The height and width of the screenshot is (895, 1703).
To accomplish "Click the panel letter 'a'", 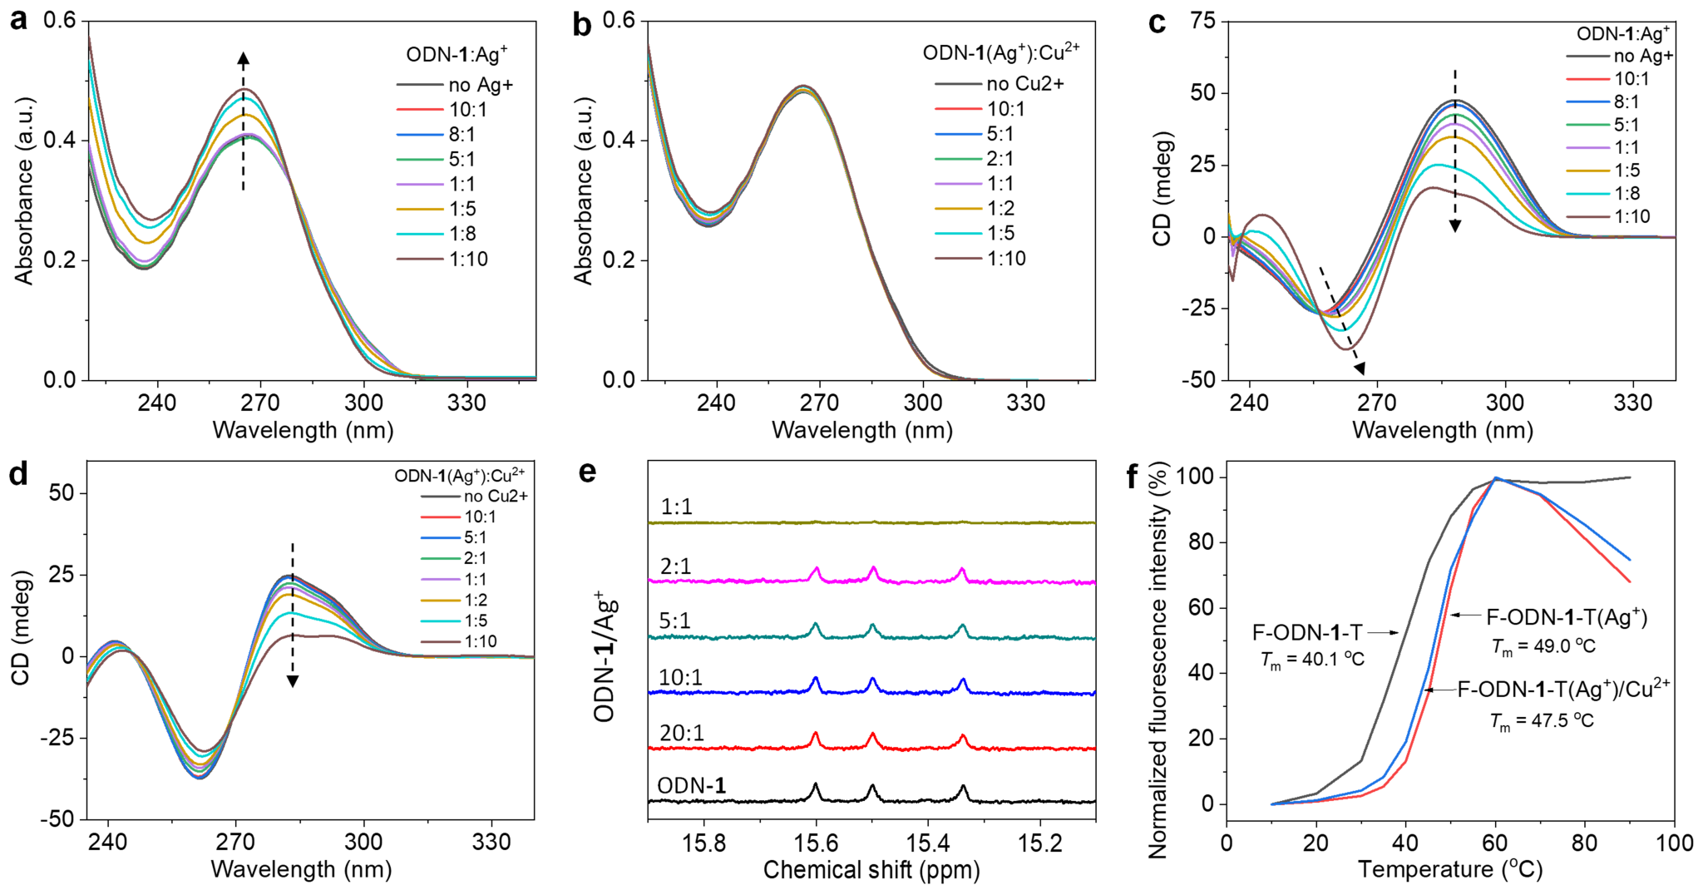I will (18, 20).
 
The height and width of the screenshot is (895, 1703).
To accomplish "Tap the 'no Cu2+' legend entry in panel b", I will (1024, 84).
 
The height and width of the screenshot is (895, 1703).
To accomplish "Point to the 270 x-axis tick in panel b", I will (819, 403).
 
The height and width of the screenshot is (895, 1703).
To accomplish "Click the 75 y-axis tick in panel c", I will (1202, 21).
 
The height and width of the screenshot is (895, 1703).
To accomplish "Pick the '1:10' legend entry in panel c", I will (1631, 216).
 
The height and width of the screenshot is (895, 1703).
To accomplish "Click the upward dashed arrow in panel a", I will (243, 121).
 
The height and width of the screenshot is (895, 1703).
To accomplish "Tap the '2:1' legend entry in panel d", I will (475, 558).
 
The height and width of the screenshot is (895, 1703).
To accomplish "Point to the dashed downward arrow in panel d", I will (293, 616).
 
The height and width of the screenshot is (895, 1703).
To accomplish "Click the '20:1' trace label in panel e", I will (681, 733).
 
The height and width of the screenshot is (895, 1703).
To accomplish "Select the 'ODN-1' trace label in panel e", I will (691, 786).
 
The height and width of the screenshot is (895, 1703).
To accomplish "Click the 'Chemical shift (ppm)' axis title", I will (871, 870).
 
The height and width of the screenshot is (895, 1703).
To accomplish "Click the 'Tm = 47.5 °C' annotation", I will (1542, 720).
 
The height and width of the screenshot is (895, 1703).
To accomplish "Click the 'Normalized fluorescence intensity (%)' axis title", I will (1158, 660).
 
